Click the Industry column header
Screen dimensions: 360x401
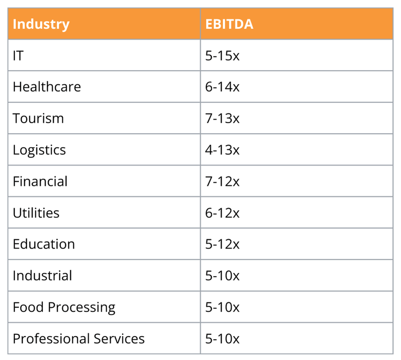point(41,24)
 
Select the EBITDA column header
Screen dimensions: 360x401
point(229,24)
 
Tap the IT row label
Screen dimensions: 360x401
point(18,55)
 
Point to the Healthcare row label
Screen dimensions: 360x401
point(47,87)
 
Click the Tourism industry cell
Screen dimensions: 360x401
point(38,118)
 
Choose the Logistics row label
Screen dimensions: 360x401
point(39,150)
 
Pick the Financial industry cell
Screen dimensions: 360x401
point(40,181)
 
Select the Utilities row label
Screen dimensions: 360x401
point(36,213)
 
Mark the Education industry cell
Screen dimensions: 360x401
point(43,244)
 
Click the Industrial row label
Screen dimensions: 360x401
point(42,276)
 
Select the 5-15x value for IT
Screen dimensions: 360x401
point(222,55)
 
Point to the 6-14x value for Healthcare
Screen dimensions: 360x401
point(222,87)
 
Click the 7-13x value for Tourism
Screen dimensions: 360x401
point(222,118)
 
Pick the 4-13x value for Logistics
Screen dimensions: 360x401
point(222,150)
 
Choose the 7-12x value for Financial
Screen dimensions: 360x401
point(222,181)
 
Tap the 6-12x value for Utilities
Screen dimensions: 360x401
point(222,213)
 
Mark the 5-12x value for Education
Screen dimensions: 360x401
point(222,244)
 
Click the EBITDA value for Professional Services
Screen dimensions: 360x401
point(222,339)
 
